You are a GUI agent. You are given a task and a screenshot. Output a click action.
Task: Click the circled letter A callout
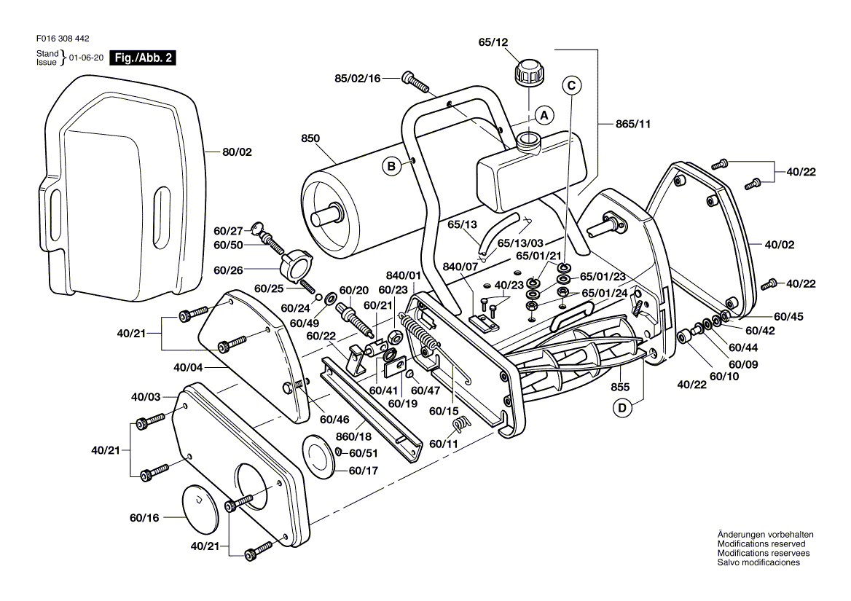tap(543, 115)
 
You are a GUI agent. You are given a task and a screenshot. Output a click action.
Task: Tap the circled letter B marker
tap(391, 167)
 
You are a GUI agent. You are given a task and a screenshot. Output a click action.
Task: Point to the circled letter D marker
tap(622, 409)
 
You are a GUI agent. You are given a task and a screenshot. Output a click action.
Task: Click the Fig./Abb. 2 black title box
tap(142, 58)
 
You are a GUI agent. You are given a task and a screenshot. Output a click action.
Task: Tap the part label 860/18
tap(354, 437)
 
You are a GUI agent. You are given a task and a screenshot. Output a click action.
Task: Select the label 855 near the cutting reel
tap(621, 386)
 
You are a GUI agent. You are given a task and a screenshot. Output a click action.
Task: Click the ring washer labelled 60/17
tap(318, 456)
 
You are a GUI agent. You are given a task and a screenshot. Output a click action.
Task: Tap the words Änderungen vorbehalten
tap(765, 535)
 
